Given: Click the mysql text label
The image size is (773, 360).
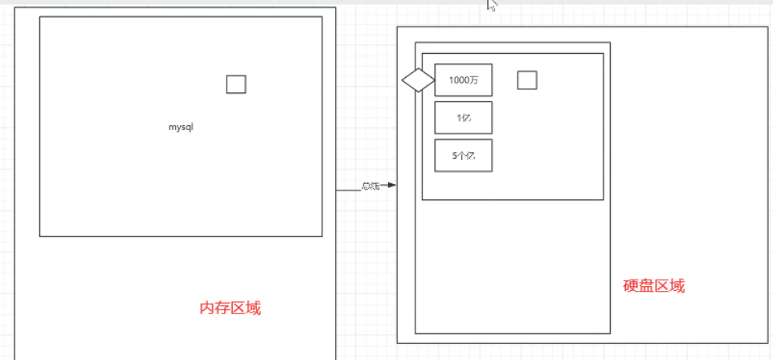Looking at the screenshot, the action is (x=182, y=127).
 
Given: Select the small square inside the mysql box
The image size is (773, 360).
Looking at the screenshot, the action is (x=235, y=84).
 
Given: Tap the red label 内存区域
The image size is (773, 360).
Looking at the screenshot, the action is (x=230, y=308).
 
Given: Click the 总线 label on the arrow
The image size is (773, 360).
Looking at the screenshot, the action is (x=370, y=186).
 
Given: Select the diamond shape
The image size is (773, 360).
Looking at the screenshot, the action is (x=418, y=80).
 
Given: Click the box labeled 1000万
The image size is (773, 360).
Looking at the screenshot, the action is (x=463, y=80).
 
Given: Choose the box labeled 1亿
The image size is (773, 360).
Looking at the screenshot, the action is (x=463, y=117).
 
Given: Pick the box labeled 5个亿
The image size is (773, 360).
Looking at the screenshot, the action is (x=463, y=155).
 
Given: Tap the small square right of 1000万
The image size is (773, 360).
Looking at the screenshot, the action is (x=527, y=80).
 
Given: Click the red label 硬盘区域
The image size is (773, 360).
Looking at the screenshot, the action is (x=654, y=285).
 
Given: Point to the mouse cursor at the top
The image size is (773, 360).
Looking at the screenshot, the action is (x=490, y=4).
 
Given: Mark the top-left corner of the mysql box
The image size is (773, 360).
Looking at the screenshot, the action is (x=40, y=17).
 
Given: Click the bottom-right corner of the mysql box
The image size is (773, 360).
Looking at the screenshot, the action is (x=322, y=236).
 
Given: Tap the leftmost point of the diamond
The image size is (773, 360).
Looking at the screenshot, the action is (x=402, y=80).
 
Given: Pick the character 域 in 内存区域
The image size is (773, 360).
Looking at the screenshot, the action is (x=253, y=308).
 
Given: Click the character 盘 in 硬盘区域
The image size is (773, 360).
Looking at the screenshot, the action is (x=647, y=285).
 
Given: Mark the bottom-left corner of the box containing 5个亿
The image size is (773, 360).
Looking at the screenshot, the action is (x=435, y=171).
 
